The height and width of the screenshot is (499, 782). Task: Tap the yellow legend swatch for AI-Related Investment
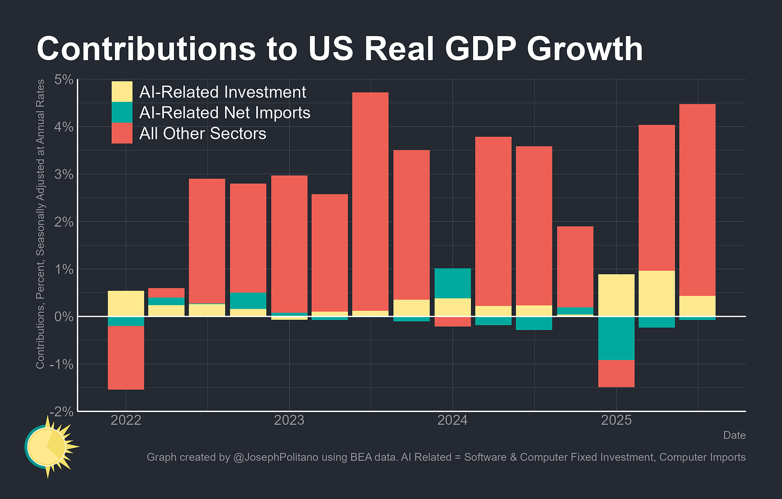tap(122, 92)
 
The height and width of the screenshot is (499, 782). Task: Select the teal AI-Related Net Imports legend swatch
tap(122, 112)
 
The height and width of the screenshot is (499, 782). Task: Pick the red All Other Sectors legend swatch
tap(122, 133)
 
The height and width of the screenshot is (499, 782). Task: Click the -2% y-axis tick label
tap(62, 411)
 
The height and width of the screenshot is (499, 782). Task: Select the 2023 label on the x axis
tap(289, 420)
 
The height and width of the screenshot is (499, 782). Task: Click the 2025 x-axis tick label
tap(616, 420)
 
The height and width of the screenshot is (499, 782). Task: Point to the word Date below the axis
tap(734, 435)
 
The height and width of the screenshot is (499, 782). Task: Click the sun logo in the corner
tap(49, 446)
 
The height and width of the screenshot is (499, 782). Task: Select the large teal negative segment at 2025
tap(616, 338)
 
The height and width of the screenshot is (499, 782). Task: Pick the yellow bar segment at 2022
tap(126, 304)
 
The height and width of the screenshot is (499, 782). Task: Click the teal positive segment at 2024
tap(452, 283)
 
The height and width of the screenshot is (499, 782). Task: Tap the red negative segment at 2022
tap(126, 357)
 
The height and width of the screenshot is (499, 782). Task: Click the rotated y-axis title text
tap(40, 224)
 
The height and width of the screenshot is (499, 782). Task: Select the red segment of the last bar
tap(697, 200)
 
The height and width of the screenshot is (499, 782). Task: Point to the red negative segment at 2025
tap(616, 373)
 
